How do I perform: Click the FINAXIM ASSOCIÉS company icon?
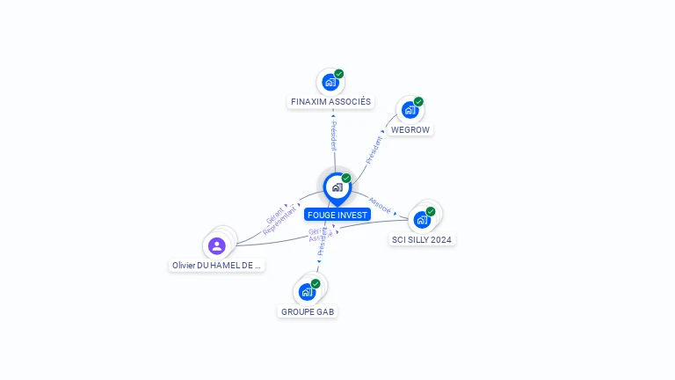[x=330, y=83]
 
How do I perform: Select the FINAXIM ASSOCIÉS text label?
[x=330, y=102]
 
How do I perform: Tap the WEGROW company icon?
[x=409, y=110]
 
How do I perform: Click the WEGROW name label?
[x=410, y=129]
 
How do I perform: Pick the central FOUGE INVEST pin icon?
[x=337, y=187]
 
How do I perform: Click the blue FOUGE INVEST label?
[x=337, y=215]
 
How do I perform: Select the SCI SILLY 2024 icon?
[x=423, y=220]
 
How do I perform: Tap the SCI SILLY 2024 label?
[x=423, y=239]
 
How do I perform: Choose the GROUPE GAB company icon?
[x=307, y=292]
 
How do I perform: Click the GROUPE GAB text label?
[x=308, y=311]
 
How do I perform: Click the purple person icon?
[x=217, y=246]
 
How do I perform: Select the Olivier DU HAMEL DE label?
[x=216, y=265]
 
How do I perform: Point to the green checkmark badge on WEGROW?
[x=418, y=102]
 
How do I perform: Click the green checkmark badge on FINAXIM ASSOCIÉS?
[x=339, y=74]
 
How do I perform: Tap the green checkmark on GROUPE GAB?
[x=316, y=283]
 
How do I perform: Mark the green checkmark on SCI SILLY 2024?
[x=431, y=211]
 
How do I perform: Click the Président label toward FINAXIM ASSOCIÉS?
[x=334, y=135]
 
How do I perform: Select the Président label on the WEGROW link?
[x=374, y=148]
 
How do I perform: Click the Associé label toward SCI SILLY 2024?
[x=381, y=204]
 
